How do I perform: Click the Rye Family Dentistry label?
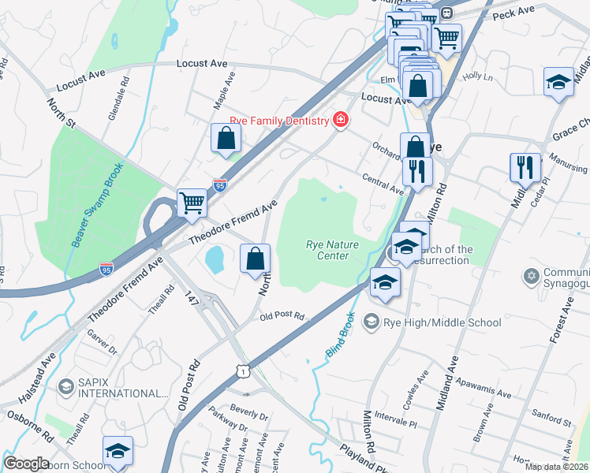[x=278, y=121]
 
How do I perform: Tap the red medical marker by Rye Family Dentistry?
[x=341, y=121]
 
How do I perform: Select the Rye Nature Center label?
[x=332, y=250]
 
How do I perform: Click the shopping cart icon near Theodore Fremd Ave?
[x=192, y=203]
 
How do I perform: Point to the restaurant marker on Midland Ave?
[x=525, y=167]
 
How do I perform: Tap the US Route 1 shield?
[x=245, y=371]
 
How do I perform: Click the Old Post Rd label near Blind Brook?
[x=283, y=316]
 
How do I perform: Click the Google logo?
[x=26, y=463]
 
